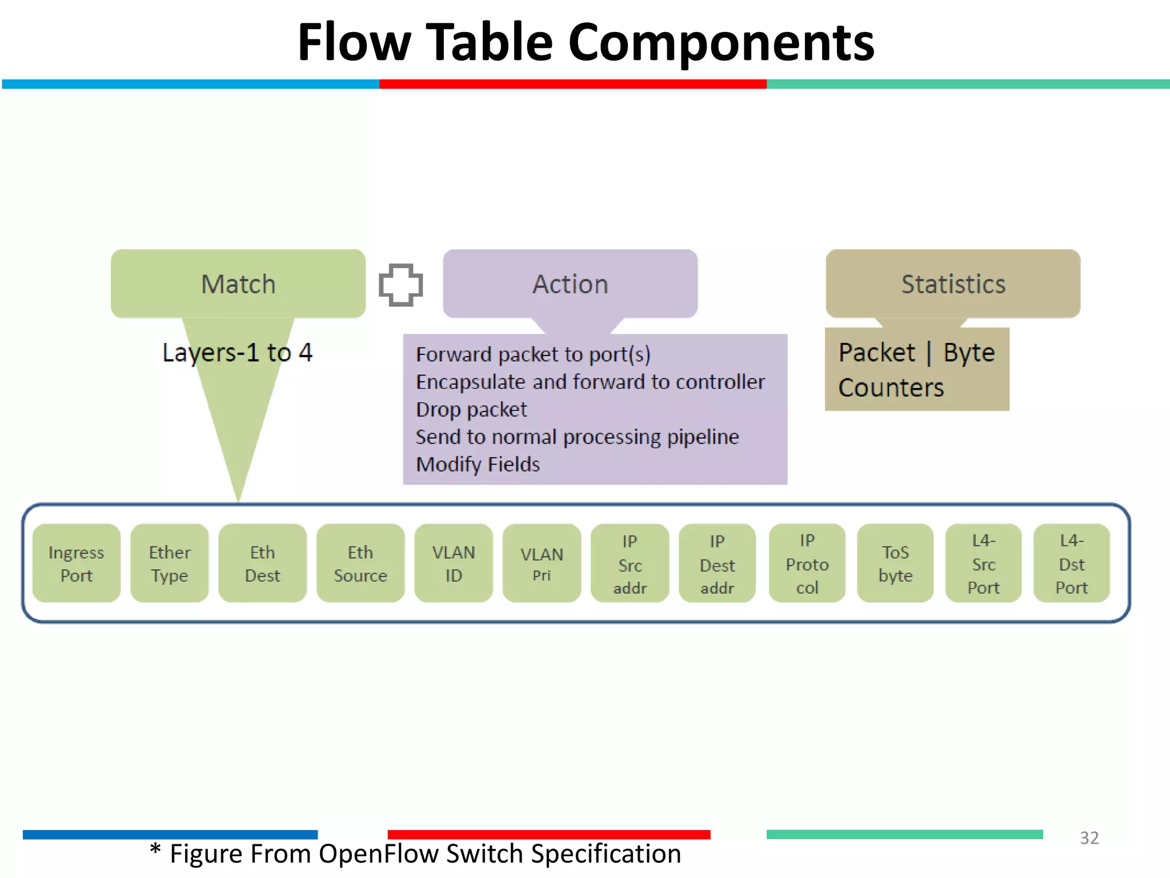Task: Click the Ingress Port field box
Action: click(77, 563)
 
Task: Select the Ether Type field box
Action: click(169, 563)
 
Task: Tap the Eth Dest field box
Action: click(262, 563)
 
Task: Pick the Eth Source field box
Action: click(360, 563)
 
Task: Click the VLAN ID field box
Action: click(454, 563)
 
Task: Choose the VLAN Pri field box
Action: click(542, 563)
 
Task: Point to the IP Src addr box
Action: click(630, 563)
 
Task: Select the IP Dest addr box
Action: click(717, 563)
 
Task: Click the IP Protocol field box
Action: click(807, 563)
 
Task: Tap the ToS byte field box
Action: click(895, 563)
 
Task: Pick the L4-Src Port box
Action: click(983, 563)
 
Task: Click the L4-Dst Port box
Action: click(1071, 563)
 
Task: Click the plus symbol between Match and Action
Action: click(401, 285)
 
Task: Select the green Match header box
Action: click(238, 284)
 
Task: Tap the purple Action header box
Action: click(570, 284)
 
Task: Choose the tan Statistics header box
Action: click(953, 284)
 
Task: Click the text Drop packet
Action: click(471, 409)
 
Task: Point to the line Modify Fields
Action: click(478, 464)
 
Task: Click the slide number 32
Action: click(1089, 838)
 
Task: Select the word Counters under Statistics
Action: click(891, 388)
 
